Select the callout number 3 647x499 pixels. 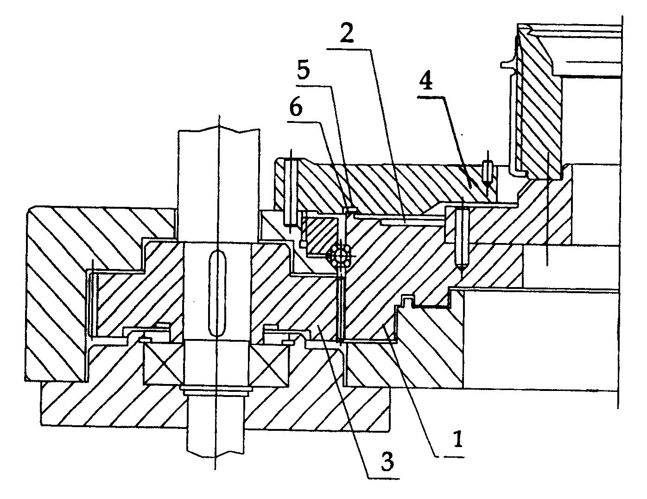point(387,462)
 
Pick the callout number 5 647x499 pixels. point(304,69)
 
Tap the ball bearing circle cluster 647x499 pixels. point(339,256)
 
